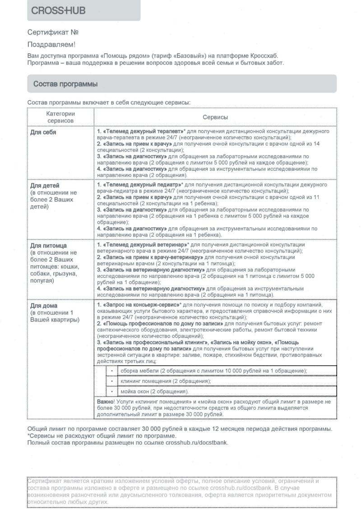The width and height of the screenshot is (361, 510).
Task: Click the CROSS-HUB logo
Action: coord(59,10)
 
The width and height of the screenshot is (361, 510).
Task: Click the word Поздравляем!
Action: coord(51,44)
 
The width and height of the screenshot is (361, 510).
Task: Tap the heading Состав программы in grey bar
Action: coord(65,84)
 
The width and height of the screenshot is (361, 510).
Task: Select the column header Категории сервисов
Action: coord(60,117)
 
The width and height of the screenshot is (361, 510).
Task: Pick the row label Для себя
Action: coord(43,132)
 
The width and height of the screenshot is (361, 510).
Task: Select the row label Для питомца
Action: coord(48,245)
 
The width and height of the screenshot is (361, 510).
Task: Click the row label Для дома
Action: coord(44,306)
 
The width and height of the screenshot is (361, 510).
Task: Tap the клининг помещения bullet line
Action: coord(165,381)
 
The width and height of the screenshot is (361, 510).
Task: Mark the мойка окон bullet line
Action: coord(152,391)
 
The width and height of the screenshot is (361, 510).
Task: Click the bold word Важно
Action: coord(105,401)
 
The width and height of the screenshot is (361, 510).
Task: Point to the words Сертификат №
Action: coord(53,32)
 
